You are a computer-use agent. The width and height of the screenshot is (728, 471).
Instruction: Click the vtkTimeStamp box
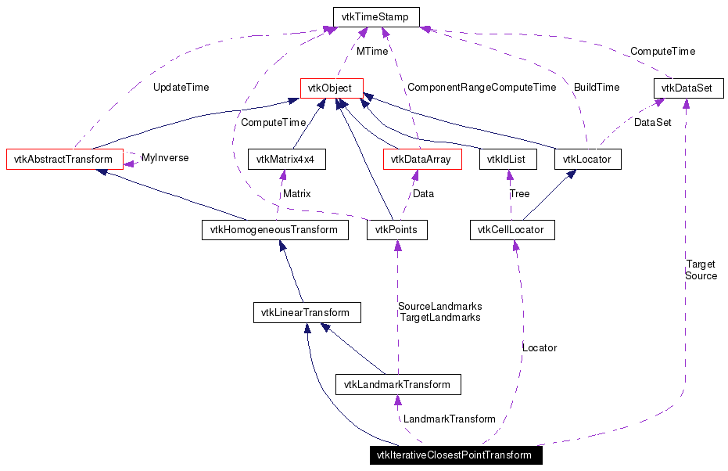375,16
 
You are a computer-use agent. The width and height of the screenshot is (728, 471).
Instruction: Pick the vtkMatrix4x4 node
285,159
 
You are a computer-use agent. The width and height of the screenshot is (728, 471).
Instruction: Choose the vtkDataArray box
422,159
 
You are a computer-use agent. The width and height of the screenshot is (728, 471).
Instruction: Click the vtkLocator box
588,159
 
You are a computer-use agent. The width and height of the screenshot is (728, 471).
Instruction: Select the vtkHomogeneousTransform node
274,230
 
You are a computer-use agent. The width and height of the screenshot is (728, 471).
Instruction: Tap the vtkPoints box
397,230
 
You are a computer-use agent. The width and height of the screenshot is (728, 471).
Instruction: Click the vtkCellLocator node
512,230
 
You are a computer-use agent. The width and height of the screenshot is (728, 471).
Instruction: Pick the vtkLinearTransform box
307,313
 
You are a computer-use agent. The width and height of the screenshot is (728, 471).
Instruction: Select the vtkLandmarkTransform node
397,384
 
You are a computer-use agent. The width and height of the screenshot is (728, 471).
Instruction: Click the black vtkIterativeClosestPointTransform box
455,455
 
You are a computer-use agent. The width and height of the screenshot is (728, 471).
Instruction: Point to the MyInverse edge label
165,157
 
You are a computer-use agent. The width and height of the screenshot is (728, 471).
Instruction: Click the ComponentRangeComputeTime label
481,88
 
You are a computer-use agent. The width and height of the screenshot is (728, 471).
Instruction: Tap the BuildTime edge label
596,88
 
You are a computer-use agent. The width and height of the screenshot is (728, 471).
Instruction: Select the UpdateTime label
181,88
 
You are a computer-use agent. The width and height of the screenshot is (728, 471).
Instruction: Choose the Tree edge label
519,193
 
